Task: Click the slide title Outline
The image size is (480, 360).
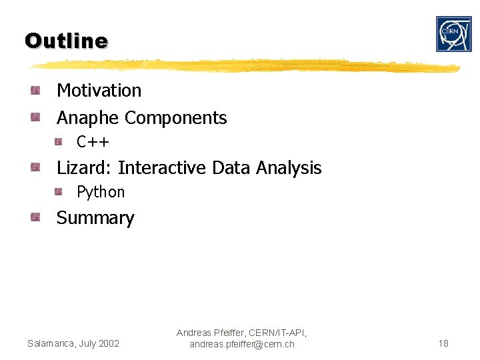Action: point(66,41)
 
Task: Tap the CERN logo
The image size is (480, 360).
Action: point(453,34)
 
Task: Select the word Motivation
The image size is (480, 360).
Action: point(99,90)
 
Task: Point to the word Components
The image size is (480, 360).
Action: point(176,118)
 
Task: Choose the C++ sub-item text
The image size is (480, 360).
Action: point(93,142)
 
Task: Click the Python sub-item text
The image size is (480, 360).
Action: point(101,192)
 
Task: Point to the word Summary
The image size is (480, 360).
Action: point(95,218)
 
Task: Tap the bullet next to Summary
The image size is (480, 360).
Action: point(35,217)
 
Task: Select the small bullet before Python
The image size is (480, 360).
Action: point(59,192)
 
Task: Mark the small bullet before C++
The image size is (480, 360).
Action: point(59,141)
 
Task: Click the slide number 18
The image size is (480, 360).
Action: point(443,343)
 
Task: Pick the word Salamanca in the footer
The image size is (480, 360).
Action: point(51,343)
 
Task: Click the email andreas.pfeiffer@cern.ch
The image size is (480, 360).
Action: point(241,344)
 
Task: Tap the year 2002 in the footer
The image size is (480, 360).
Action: point(108,343)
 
